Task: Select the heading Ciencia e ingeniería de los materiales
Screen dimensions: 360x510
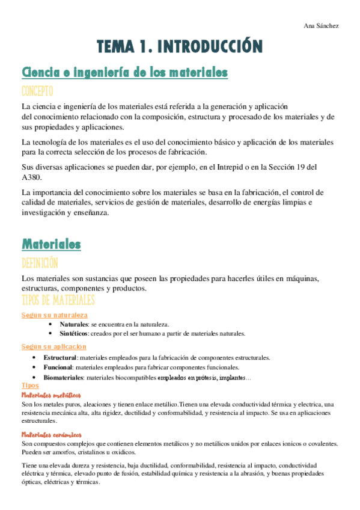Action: coord(124,73)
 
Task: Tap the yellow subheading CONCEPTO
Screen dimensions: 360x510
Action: coord(37,91)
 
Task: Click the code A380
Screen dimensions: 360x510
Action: coord(32,177)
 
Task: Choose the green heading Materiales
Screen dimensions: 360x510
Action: coord(51,244)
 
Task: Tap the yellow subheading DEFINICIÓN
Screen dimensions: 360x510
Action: coord(40,263)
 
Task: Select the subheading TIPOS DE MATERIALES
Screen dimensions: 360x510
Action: coord(58,300)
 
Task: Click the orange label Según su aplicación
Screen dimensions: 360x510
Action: coord(53,346)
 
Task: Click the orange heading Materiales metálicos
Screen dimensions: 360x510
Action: coord(51,395)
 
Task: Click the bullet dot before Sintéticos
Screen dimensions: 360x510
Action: coord(53,333)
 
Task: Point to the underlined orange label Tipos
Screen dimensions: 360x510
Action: coord(30,386)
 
